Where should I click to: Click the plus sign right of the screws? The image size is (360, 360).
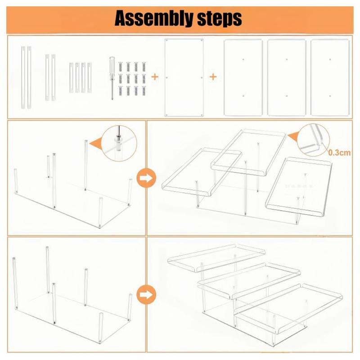[x=155, y=77]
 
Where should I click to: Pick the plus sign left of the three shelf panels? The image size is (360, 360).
[x=213, y=77]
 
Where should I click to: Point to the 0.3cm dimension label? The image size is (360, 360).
[x=339, y=153]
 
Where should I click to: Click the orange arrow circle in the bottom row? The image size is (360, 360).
[x=144, y=295]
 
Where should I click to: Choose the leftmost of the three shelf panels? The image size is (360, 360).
[x=243, y=77]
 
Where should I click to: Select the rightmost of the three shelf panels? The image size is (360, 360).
[x=329, y=77]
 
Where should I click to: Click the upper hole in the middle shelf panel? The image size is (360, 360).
[x=287, y=59]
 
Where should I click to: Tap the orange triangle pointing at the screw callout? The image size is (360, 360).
[x=95, y=143]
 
